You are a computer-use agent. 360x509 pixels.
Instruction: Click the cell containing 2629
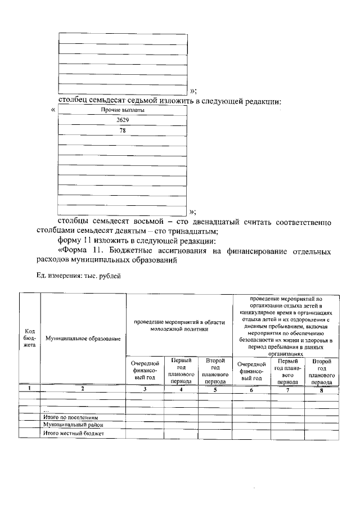(x=123, y=120)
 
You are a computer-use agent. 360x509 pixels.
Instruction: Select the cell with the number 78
(x=123, y=130)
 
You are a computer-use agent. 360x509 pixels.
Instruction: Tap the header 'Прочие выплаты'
(x=123, y=110)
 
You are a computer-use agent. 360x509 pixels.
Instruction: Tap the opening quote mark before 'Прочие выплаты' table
(x=53, y=110)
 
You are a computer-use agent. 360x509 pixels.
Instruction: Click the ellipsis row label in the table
(x=46, y=411)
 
